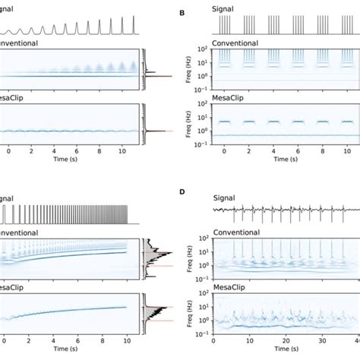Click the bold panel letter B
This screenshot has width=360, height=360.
181,13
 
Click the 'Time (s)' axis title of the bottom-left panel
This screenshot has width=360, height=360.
72,354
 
